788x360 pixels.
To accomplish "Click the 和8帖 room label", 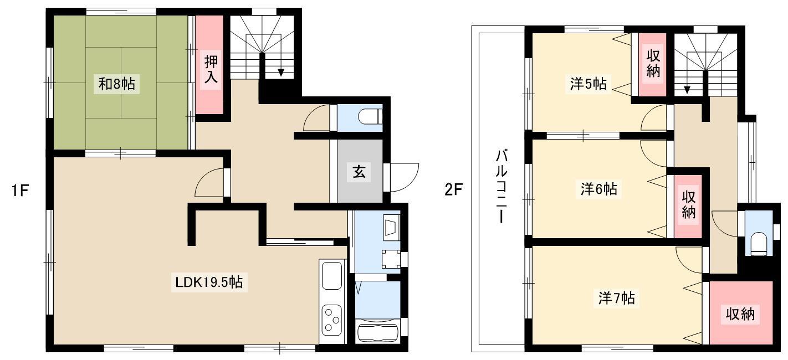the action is pyautogui.click(x=116, y=84).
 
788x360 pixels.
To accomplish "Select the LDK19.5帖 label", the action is pyautogui.click(x=209, y=282).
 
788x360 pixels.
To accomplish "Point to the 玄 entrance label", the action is pyautogui.click(x=359, y=172).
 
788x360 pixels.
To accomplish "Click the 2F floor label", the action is pyautogui.click(x=453, y=190).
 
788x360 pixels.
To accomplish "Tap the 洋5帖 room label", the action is pyautogui.click(x=588, y=84).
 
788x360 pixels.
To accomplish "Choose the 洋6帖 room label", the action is pyautogui.click(x=598, y=189).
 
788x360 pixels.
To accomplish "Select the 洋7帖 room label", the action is pyautogui.click(x=617, y=298).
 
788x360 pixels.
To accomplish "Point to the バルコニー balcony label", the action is pyautogui.click(x=502, y=186).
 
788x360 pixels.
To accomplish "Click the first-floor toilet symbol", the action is pyautogui.click(x=370, y=117).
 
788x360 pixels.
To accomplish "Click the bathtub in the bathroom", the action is pyautogui.click(x=378, y=332).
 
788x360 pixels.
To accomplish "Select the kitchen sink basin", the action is pyautogui.click(x=332, y=276).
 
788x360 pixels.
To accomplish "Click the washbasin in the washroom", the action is pyautogui.click(x=392, y=229).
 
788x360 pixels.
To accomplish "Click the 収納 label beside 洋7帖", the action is pyautogui.click(x=740, y=313).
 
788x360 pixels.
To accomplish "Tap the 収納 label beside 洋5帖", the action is pyautogui.click(x=653, y=64).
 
